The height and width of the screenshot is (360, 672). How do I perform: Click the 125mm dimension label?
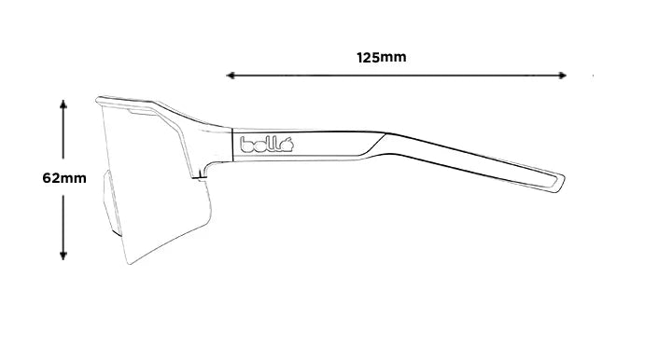[381, 58]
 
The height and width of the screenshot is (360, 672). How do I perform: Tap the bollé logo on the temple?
[268, 144]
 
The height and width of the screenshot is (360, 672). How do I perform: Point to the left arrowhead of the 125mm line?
[230, 75]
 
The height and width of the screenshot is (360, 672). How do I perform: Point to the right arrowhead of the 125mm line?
[563, 75]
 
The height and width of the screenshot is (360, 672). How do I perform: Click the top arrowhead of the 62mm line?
[63, 104]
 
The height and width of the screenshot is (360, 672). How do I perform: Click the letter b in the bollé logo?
[246, 144]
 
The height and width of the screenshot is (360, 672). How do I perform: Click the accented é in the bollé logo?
[288, 144]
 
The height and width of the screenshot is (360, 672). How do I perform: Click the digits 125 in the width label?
[370, 58]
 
